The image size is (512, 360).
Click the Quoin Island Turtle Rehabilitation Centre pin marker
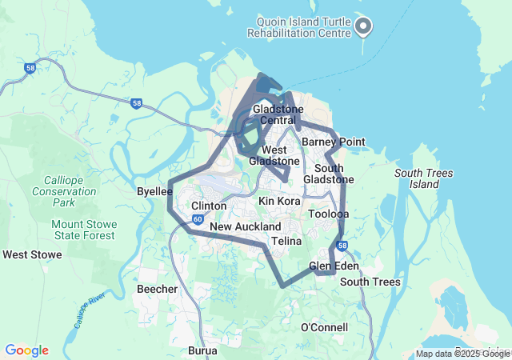tap(363, 26)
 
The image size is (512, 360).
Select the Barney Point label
tap(334, 142)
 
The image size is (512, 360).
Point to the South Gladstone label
tap(334, 174)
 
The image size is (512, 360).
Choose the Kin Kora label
tap(279, 201)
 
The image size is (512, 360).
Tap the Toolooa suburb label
tap(329, 214)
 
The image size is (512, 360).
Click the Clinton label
tap(209, 206)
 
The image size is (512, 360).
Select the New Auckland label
tap(246, 227)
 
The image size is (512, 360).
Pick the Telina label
tap(286, 241)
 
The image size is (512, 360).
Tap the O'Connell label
tap(324, 328)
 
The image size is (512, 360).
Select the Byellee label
tap(154, 192)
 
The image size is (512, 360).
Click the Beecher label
tap(157, 289)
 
